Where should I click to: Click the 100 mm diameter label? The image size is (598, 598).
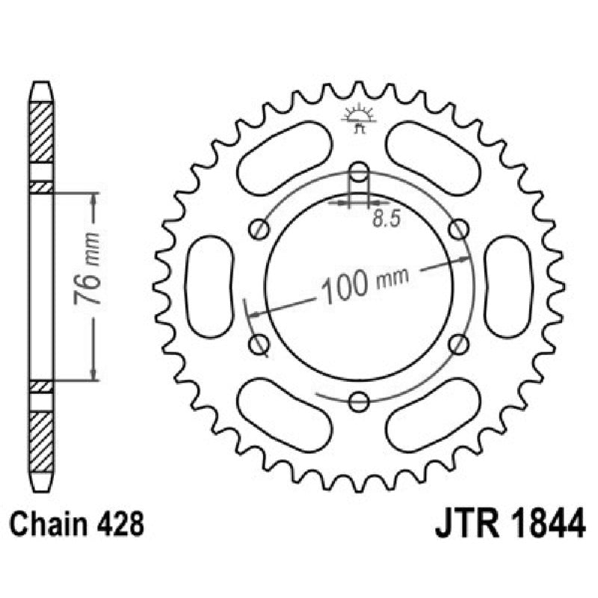point(364,283)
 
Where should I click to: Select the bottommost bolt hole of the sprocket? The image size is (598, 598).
point(360,402)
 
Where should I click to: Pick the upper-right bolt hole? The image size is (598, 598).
point(460,229)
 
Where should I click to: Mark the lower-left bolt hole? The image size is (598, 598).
point(259,344)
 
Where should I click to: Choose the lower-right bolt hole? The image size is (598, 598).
point(460,344)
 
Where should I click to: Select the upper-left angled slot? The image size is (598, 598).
point(284,155)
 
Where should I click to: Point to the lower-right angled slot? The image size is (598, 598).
point(434,416)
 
